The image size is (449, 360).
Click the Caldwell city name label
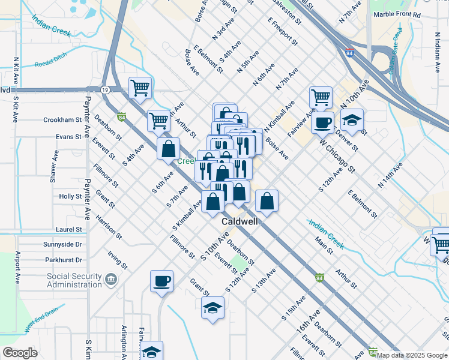[x=240, y=221]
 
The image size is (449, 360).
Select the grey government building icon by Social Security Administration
[x=110, y=279]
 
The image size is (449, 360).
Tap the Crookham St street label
[x=62, y=120]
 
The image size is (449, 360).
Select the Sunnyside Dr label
[x=62, y=245]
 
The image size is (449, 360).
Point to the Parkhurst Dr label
[x=63, y=260]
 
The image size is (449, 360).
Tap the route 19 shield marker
[x=104, y=89]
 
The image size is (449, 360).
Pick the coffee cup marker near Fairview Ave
[x=322, y=122]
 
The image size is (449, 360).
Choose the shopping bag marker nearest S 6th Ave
[x=169, y=148]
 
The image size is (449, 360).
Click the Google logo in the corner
[x=20, y=353]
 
